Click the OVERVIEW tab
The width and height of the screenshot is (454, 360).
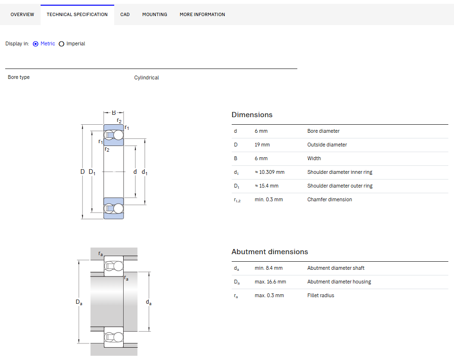(x=22, y=15)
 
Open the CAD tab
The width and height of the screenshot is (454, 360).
(x=125, y=15)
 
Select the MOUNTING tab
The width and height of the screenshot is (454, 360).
(x=155, y=15)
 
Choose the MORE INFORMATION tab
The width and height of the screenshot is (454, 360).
(x=202, y=15)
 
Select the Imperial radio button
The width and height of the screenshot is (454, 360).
(x=61, y=44)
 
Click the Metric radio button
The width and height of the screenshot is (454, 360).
(x=35, y=44)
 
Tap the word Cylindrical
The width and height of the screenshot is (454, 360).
(x=146, y=77)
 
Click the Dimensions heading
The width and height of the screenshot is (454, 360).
(x=252, y=115)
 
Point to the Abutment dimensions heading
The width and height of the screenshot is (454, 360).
(x=269, y=252)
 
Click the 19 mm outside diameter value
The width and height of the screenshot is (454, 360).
(x=262, y=145)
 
